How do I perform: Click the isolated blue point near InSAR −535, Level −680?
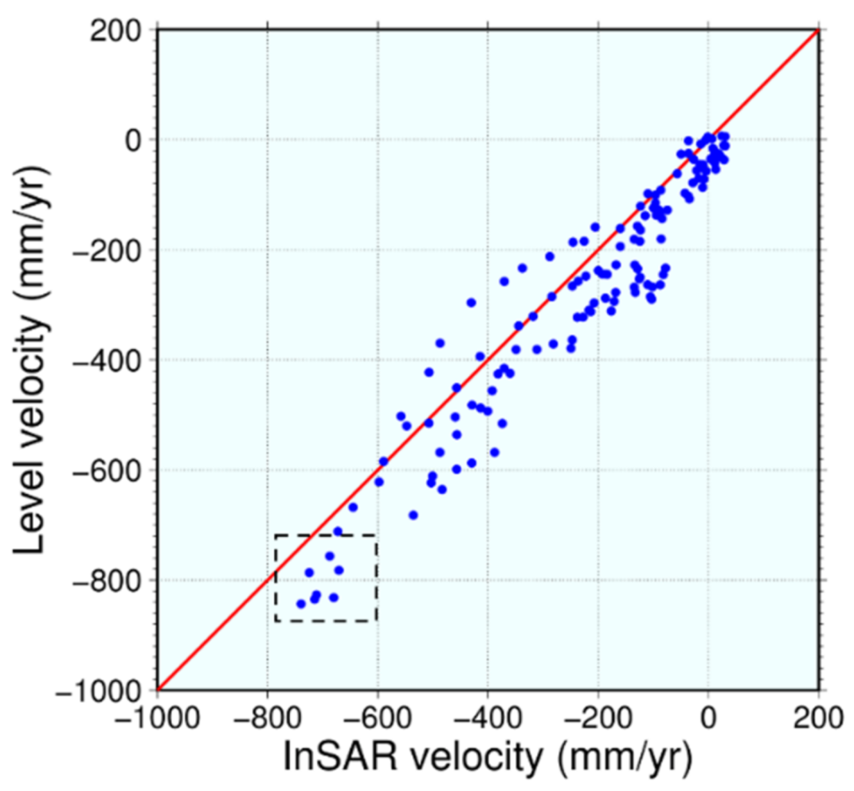[413, 515]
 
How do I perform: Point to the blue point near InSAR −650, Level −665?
[353, 507]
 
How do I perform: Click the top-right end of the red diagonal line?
[818, 30]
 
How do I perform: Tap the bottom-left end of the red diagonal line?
[158, 689]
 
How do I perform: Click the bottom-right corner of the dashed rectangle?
[376, 621]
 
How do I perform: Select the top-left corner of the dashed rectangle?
[275, 535]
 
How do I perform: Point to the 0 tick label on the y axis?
[142, 140]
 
